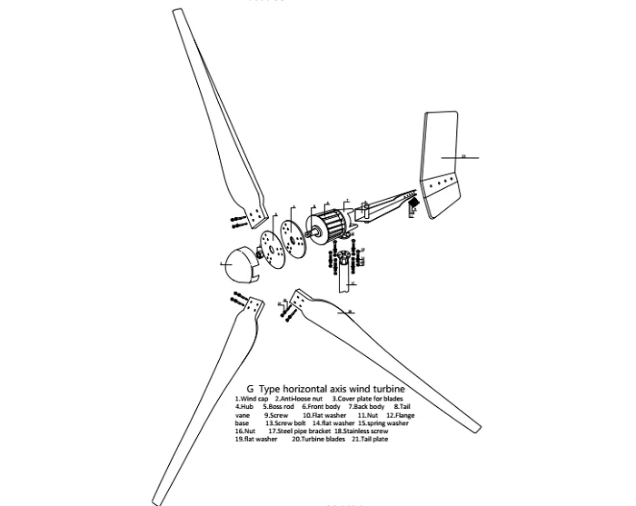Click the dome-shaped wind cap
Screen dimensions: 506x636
coord(240,263)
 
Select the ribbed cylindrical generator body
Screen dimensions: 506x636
coord(331,224)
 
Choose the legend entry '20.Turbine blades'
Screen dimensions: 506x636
coord(317,439)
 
